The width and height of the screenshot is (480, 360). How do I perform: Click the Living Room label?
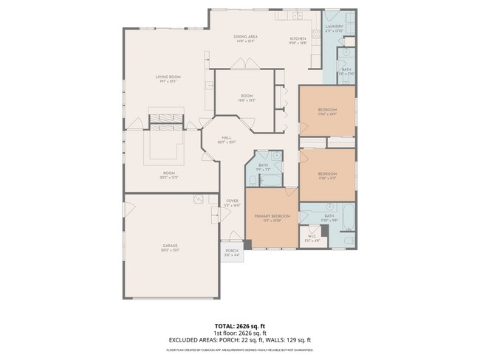(168, 78)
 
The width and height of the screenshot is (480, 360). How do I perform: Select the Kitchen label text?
(298, 38)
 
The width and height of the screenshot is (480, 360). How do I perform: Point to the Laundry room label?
(335, 29)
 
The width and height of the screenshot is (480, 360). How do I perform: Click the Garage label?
(171, 247)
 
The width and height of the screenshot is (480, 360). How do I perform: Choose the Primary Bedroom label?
(272, 216)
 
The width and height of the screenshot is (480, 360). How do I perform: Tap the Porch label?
(232, 254)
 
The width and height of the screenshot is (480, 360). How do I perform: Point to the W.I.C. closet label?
(312, 238)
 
